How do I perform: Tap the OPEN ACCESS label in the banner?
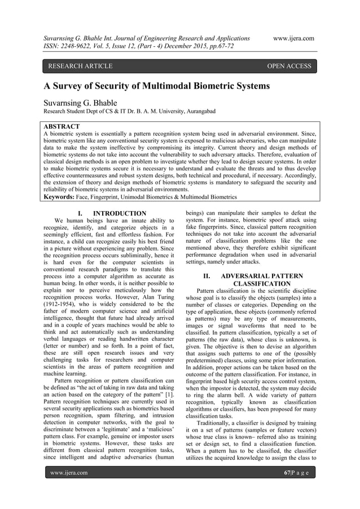[289, 67]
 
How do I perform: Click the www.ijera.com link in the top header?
[293, 38]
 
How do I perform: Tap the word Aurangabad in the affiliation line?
[195, 113]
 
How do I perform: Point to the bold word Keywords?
[63, 197]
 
